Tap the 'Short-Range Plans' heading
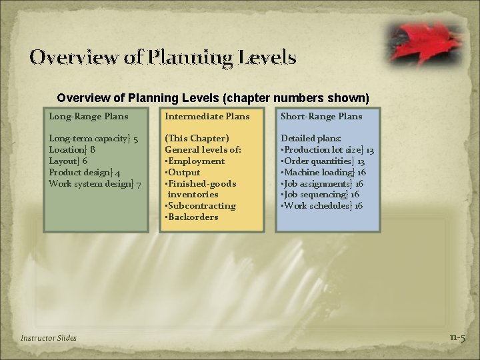(321, 117)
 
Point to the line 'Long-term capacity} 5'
(94, 139)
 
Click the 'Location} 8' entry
(71, 150)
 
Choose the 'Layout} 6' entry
(68, 161)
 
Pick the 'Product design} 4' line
(84, 173)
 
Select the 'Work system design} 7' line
(95, 184)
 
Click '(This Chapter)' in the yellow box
(197, 139)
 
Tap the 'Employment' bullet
(195, 161)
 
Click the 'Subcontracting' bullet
(201, 206)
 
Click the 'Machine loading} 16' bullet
(323, 173)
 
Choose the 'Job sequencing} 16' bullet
(321, 195)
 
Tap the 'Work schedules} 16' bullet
(323, 206)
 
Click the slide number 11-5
(457, 338)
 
